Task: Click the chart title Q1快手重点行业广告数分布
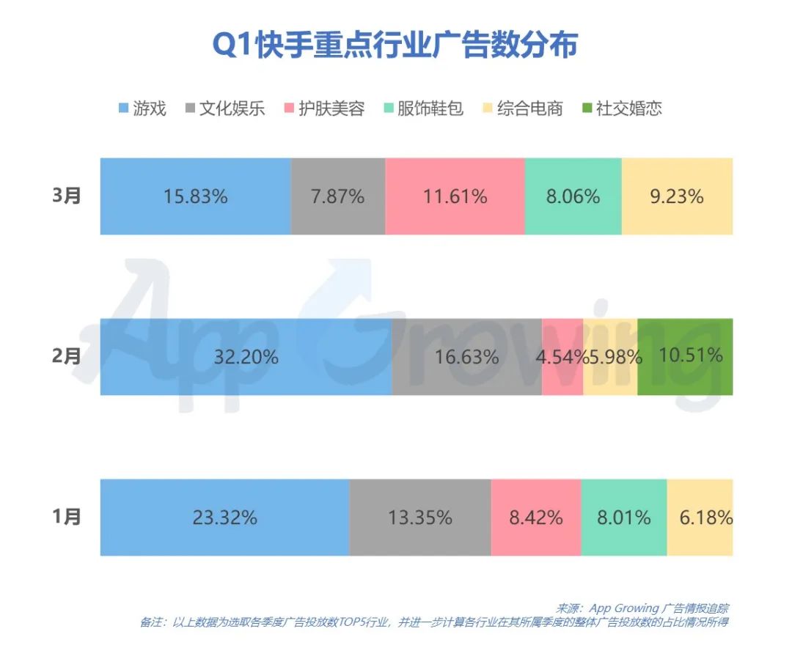[x=395, y=45]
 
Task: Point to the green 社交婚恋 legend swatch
[x=586, y=109]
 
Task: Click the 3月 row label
[x=67, y=196]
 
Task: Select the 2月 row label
[x=67, y=357]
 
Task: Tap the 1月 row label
[x=67, y=517]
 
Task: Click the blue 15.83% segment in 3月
[x=195, y=196]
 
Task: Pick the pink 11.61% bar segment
[x=455, y=196]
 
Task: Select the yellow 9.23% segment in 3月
[x=676, y=196]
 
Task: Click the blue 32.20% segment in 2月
[x=246, y=357]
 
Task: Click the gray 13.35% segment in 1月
[x=419, y=517]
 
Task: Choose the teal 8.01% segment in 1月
[x=623, y=517]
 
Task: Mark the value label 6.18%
[x=705, y=517]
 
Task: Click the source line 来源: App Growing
[x=642, y=609]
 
